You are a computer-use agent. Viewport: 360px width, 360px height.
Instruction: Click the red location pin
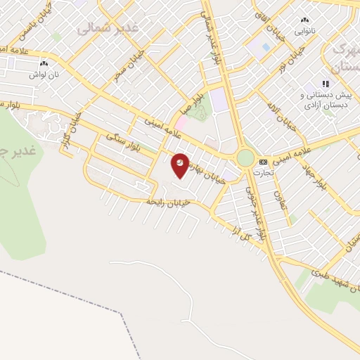pyautogui.click(x=181, y=165)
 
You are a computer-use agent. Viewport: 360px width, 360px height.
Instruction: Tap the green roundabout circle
pyautogui.click(x=245, y=157)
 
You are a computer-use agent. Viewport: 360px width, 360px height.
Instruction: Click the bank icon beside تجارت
pyautogui.click(x=263, y=161)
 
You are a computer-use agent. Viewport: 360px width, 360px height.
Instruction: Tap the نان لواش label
pyautogui.click(x=39, y=72)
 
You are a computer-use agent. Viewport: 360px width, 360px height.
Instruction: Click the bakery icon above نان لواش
pyautogui.click(x=34, y=62)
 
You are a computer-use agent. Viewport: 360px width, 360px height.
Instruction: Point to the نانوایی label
pyautogui.click(x=304, y=30)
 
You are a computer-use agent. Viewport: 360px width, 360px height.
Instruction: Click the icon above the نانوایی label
pyautogui.click(x=304, y=20)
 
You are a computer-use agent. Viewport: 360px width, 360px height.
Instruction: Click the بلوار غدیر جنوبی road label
pyautogui.click(x=256, y=211)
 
